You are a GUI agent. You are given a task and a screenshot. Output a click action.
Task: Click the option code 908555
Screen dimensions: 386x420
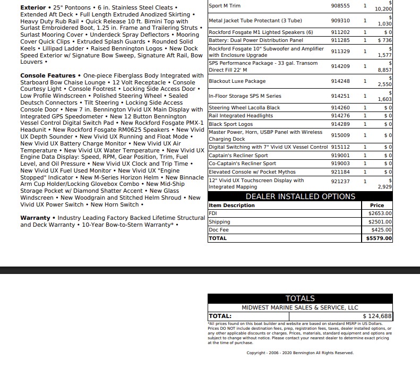(x=340, y=6)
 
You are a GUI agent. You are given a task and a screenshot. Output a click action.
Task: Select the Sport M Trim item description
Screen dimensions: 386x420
(x=225, y=6)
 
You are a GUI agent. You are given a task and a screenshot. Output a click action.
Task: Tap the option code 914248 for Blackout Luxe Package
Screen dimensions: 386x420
(x=340, y=81)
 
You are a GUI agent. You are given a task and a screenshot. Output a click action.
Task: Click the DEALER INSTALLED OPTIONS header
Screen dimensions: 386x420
(x=300, y=196)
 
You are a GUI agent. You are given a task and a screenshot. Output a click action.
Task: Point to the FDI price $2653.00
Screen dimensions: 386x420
(x=380, y=213)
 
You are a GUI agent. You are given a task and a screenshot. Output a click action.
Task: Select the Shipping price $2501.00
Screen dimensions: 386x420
(x=380, y=222)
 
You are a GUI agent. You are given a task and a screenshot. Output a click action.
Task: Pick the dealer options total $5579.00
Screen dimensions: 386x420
(x=379, y=238)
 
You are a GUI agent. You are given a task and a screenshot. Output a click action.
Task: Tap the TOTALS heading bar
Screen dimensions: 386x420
(x=300, y=298)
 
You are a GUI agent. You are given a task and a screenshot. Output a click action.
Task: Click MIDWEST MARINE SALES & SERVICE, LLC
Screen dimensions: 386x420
(x=300, y=307)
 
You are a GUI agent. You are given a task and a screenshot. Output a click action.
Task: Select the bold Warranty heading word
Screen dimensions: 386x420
(x=35, y=218)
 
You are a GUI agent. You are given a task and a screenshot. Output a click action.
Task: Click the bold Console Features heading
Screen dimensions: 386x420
(x=48, y=76)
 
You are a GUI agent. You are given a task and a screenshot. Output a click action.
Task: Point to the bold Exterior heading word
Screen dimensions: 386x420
(x=33, y=8)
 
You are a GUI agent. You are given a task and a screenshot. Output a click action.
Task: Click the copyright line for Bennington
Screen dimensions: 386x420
(x=299, y=353)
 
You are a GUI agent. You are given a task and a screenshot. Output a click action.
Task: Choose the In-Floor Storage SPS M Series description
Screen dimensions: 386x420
(x=245, y=97)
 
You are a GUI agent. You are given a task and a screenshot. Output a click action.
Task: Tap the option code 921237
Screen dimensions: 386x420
(x=340, y=181)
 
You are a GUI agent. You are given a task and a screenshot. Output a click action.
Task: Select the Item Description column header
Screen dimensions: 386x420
(x=232, y=205)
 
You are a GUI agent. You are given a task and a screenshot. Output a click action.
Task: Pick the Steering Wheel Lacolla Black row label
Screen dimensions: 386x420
(x=244, y=108)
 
